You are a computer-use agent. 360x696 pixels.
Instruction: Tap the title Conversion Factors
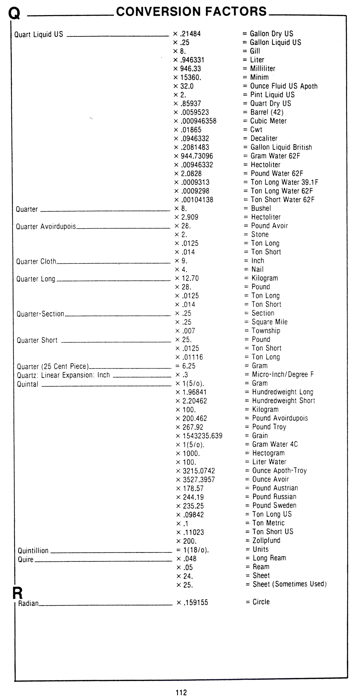(191, 12)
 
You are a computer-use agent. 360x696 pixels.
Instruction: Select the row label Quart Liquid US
(39, 34)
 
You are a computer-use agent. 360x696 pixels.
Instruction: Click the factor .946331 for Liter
(192, 60)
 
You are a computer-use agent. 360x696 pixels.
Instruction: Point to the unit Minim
(259, 77)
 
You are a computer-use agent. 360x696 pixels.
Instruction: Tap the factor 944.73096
(197, 156)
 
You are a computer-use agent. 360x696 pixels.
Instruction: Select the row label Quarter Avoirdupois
(46, 226)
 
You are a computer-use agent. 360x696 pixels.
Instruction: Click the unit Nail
(257, 269)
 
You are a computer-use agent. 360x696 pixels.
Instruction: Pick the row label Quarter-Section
(40, 314)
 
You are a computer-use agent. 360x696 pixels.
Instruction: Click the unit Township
(266, 331)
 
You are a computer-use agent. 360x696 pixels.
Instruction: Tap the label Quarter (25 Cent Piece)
(53, 366)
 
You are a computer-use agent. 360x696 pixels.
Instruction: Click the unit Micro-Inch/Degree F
(283, 374)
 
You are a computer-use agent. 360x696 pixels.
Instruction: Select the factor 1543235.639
(202, 436)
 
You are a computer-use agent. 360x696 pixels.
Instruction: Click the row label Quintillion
(33, 551)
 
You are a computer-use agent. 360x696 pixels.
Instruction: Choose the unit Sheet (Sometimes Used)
(289, 584)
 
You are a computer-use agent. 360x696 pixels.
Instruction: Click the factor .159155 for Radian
(196, 602)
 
